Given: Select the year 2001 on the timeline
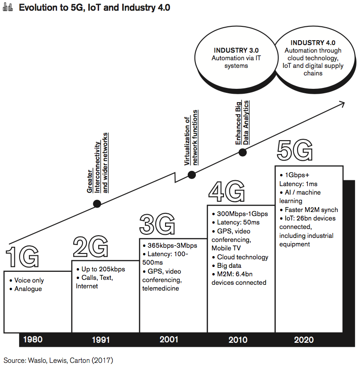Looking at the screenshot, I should pos(169,340).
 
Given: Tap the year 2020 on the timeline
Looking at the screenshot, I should pos(303,340).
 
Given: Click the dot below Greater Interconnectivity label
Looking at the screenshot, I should pos(97,204).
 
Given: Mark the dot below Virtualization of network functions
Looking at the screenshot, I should pos(191,175).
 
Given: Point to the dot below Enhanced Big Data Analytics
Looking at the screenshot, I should pos(243,153).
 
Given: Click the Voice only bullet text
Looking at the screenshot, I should pos(29,281).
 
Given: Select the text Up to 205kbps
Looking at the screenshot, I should pos(103,269).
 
